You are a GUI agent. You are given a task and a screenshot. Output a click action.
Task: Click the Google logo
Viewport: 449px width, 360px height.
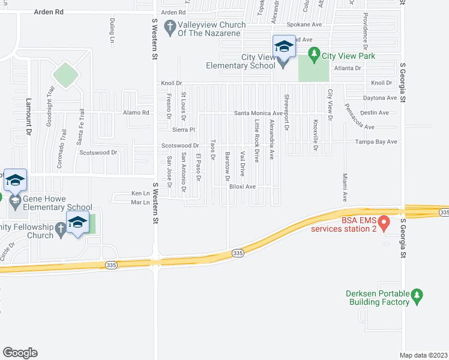[x=20, y=353]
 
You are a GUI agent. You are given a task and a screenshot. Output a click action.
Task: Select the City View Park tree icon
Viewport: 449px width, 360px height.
[x=313, y=55]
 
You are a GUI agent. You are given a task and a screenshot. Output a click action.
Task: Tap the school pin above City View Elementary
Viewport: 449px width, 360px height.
[x=283, y=46]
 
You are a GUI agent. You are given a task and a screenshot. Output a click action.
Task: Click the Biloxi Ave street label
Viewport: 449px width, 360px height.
[x=243, y=187]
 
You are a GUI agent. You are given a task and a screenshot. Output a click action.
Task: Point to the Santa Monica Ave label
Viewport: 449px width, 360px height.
[x=258, y=113]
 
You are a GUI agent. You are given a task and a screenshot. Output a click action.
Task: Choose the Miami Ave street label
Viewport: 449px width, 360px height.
[x=345, y=188]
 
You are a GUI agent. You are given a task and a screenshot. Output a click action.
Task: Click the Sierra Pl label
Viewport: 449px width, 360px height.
[x=184, y=129]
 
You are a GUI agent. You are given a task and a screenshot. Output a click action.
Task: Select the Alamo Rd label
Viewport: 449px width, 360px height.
[x=136, y=113]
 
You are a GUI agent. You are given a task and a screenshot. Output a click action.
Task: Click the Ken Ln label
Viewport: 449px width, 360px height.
[x=140, y=194]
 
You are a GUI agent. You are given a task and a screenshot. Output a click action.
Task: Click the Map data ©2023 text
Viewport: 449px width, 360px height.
[x=424, y=355]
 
